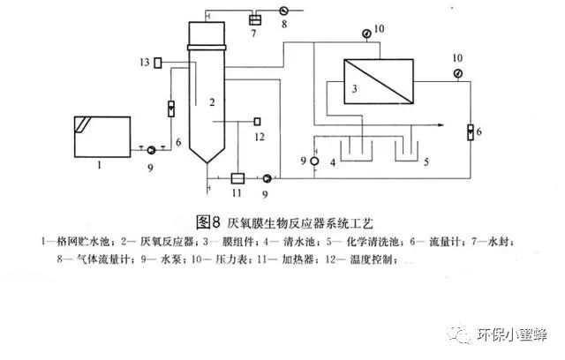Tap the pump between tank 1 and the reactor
150,150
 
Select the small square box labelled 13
158,62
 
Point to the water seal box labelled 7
256,19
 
